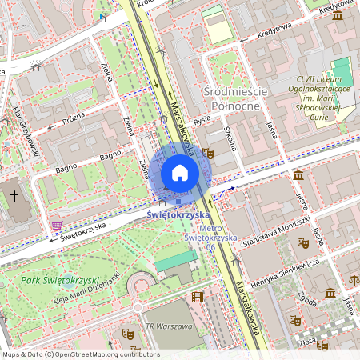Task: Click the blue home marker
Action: click(180, 173)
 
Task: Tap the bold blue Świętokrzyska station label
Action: click(178, 215)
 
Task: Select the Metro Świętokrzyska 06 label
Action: click(200, 238)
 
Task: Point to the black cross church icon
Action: click(15, 195)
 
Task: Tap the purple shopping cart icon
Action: click(56, 226)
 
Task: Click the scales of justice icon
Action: click(354, 282)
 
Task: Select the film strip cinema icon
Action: click(198, 298)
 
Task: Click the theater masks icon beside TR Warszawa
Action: click(126, 333)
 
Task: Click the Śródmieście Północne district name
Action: click(241, 99)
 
